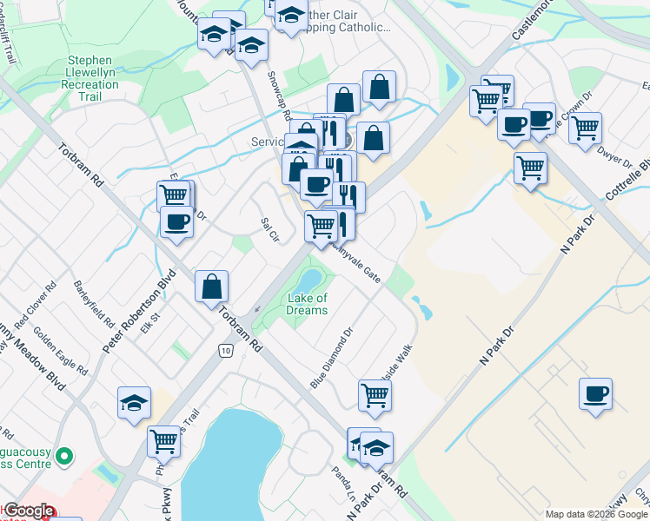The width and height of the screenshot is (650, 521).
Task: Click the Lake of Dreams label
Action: pyautogui.click(x=308, y=304)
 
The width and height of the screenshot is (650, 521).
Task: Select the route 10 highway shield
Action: pyautogui.click(x=226, y=350)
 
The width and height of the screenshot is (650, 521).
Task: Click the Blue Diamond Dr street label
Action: pyautogui.click(x=332, y=357)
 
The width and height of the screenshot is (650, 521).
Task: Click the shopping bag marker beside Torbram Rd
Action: pyautogui.click(x=212, y=286)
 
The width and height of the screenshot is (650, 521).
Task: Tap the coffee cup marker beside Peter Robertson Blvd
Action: pyautogui.click(x=176, y=221)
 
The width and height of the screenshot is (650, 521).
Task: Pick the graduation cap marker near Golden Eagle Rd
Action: pyautogui.click(x=135, y=402)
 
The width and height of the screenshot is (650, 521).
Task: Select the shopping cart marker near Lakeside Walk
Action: pyautogui.click(x=375, y=395)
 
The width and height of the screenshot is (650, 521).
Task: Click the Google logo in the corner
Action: pyautogui.click(x=29, y=511)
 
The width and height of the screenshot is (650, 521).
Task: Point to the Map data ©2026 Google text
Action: pyautogui.click(x=596, y=514)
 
